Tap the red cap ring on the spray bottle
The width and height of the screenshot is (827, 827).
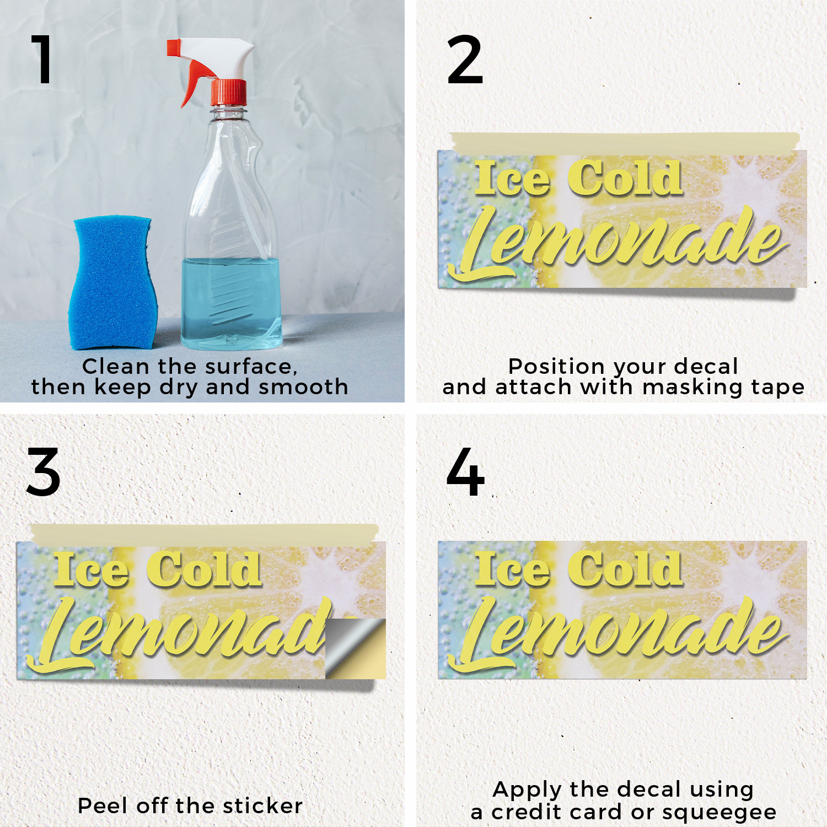[x=228, y=93]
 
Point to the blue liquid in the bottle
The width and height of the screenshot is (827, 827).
[x=232, y=303]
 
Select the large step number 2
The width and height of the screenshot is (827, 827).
[x=465, y=60]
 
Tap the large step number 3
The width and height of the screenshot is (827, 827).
[x=43, y=472]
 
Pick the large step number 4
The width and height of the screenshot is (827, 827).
[x=465, y=472]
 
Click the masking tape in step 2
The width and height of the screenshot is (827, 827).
[x=624, y=143]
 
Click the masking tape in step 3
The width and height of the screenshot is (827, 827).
[x=204, y=534]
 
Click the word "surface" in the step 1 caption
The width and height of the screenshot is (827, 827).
[x=251, y=367]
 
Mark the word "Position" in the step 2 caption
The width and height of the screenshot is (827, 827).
[x=556, y=367]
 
